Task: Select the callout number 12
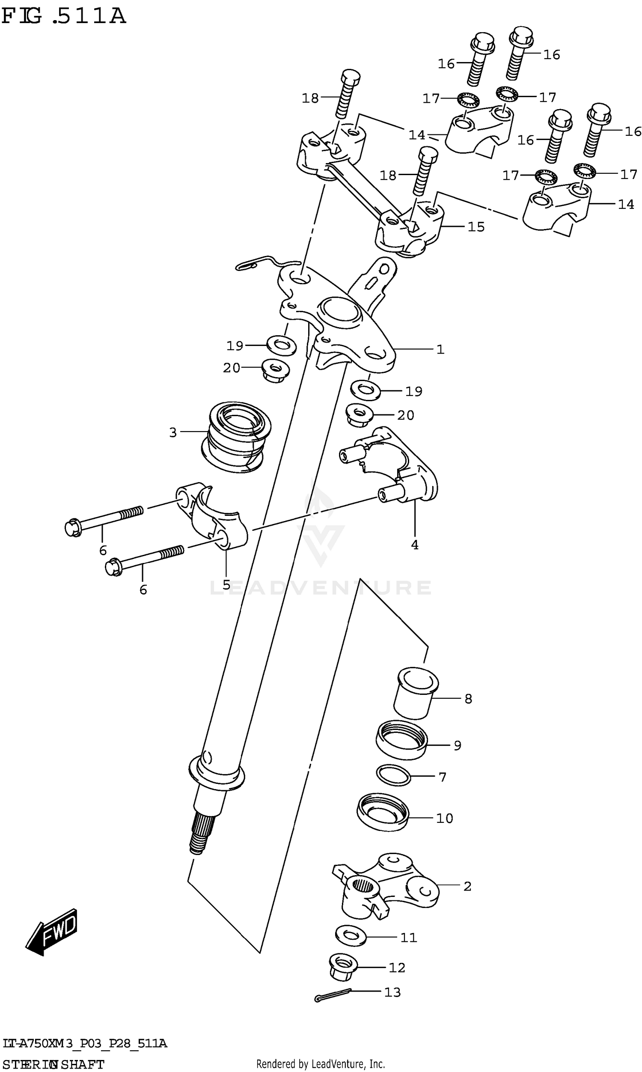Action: [x=396, y=980]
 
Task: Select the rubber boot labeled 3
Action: [x=236, y=438]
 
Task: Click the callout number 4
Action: [x=414, y=545]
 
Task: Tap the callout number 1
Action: [x=440, y=349]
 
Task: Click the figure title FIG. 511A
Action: [x=64, y=16]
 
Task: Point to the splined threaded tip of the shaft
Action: [x=200, y=837]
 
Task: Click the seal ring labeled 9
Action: [x=401, y=745]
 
